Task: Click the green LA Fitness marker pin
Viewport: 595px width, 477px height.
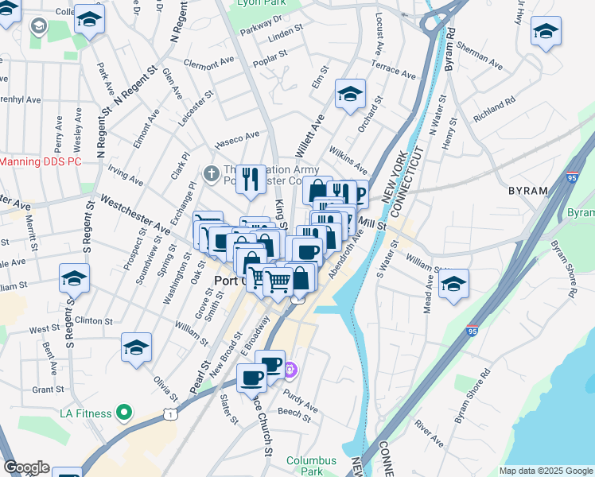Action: pyautogui.click(x=123, y=413)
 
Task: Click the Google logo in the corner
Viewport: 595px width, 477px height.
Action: pyautogui.click(x=26, y=467)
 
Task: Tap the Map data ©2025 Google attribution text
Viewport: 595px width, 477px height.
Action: pyautogui.click(x=546, y=471)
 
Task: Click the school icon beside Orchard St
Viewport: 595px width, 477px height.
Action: pyautogui.click(x=350, y=95)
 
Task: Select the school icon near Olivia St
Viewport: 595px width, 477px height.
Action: pyautogui.click(x=136, y=347)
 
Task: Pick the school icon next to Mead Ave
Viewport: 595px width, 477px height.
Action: pyautogui.click(x=453, y=284)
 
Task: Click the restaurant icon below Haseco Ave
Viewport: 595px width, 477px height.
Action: pyautogui.click(x=251, y=179)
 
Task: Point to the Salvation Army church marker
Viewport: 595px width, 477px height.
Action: pyautogui.click(x=212, y=173)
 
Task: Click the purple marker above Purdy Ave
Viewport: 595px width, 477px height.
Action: pyautogui.click(x=291, y=369)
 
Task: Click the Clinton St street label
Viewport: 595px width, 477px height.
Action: pyautogui.click(x=93, y=320)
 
